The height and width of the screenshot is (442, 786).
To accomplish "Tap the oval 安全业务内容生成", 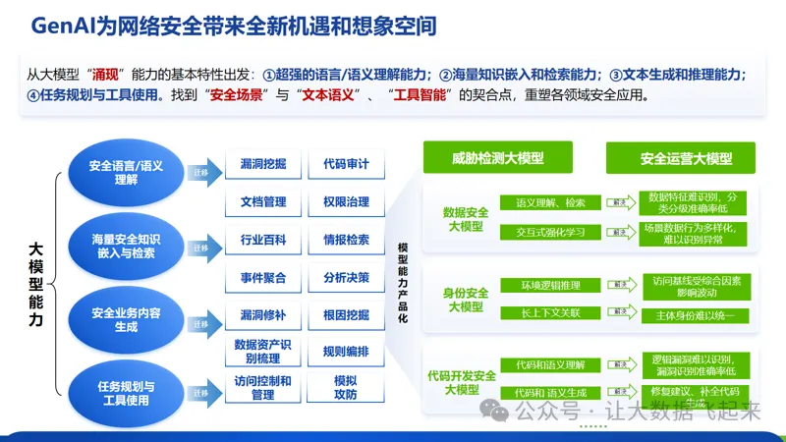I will click(126, 319).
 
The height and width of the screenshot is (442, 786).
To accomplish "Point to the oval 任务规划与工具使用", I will click(126, 392).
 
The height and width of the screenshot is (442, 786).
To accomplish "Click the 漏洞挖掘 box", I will click(262, 164).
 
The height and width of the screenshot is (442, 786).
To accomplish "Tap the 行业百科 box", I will click(262, 240).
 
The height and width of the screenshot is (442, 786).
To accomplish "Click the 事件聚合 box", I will click(262, 278).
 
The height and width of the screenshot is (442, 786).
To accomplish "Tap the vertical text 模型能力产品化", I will click(402, 285).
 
